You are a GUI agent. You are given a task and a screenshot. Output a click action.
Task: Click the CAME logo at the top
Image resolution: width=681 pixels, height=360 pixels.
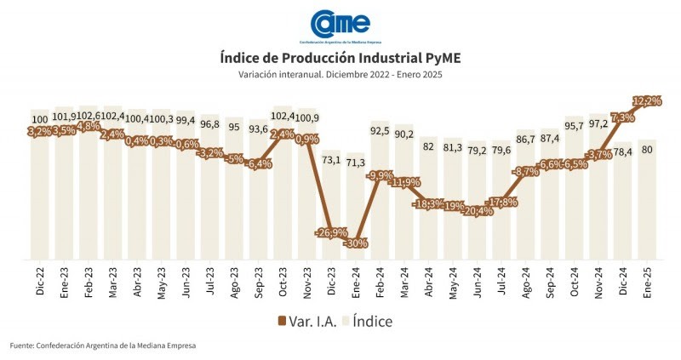[340, 25]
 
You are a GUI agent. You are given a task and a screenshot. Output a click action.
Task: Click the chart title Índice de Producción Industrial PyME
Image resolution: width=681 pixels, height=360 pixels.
[340, 59]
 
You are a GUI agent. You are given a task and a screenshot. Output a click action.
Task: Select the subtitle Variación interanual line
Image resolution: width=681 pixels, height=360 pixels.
[340, 75]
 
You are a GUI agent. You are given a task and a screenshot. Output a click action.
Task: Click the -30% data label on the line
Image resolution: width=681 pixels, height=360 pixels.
[356, 243]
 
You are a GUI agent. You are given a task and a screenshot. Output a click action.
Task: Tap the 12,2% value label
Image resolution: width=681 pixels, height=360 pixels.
[648, 100]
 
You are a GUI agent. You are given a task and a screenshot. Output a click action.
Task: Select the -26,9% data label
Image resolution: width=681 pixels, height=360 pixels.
[330, 232]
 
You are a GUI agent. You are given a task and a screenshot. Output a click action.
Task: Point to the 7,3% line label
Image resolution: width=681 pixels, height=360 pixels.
[623, 117]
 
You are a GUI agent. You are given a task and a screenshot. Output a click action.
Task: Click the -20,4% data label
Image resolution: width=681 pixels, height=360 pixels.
[478, 211]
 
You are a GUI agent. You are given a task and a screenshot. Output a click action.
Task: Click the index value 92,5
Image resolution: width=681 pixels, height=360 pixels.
[381, 130]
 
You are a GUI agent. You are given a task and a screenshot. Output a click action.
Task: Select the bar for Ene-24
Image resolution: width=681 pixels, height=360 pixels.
[356, 213]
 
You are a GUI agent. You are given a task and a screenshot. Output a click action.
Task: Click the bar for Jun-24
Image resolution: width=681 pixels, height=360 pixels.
[478, 230]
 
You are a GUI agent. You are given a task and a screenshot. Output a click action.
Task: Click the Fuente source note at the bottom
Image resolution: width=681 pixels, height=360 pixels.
[103, 346]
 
